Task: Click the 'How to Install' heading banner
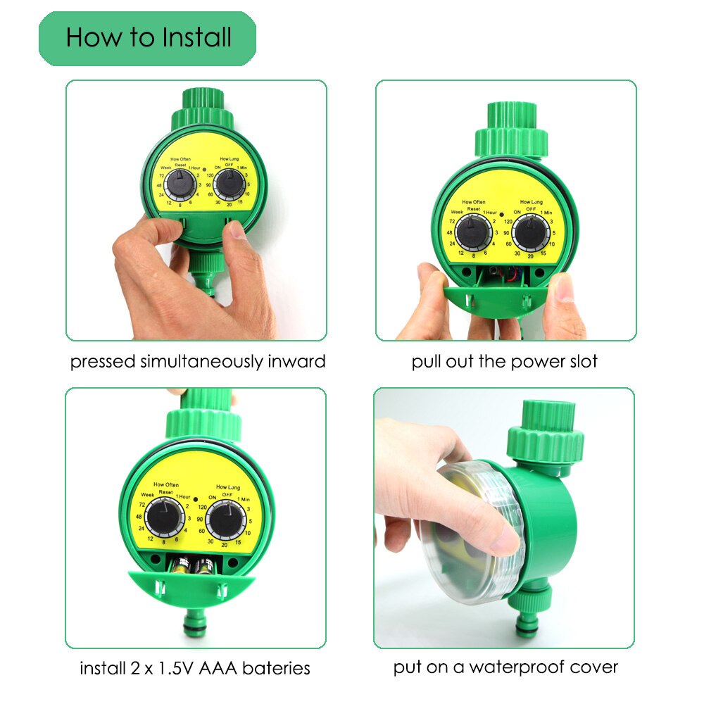(x=148, y=38)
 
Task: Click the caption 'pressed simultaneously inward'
(x=197, y=363)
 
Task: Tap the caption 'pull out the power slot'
(x=504, y=363)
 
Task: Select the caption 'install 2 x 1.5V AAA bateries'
(x=195, y=667)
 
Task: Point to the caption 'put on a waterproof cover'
(x=505, y=667)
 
